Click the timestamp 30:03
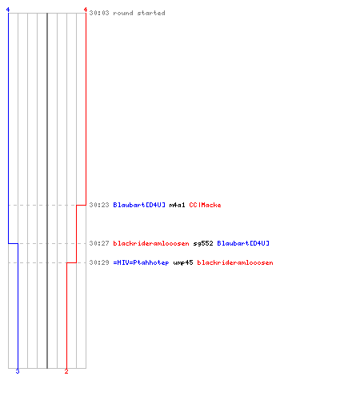click(x=99, y=13)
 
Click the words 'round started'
click(x=139, y=13)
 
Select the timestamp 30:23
click(x=99, y=205)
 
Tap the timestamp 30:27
click(x=99, y=243)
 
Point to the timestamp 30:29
click(x=99, y=262)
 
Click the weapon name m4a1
click(x=177, y=205)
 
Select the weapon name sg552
click(x=203, y=243)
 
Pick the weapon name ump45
click(x=183, y=262)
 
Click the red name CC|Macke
click(x=205, y=205)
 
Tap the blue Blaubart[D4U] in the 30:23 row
click(x=139, y=205)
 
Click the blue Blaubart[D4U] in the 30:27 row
click(x=243, y=243)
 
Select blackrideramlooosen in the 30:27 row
click(x=151, y=243)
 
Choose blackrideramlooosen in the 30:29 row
click(x=235, y=262)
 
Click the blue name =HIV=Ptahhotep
click(x=141, y=262)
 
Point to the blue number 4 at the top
click(x=8, y=10)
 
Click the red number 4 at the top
click(x=86, y=10)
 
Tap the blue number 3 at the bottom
click(x=18, y=371)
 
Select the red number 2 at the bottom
click(x=66, y=371)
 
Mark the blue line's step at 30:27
click(x=13, y=243)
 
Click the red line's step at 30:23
click(x=81, y=205)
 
